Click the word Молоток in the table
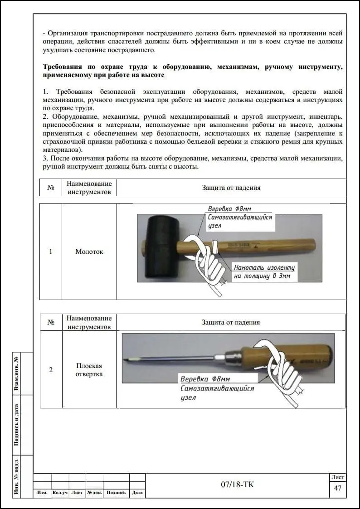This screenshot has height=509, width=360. pos(89,252)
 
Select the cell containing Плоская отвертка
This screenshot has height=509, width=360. pos(89,370)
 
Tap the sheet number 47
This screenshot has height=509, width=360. pos(337,488)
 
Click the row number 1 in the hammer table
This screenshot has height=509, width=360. pos(51,252)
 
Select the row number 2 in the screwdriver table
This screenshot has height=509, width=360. pos(51,370)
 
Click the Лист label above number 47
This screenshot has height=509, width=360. pos(338,477)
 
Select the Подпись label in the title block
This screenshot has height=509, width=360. pos(117,493)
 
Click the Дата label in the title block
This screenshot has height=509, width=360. pos(137,493)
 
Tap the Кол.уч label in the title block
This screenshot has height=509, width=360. pos(60,493)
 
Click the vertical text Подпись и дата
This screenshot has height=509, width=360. pos(17,425)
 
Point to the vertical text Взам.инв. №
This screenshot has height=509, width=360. pos(17,373)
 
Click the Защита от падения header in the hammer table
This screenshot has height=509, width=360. pos(231,188)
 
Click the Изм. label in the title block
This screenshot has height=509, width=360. pos(43,493)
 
